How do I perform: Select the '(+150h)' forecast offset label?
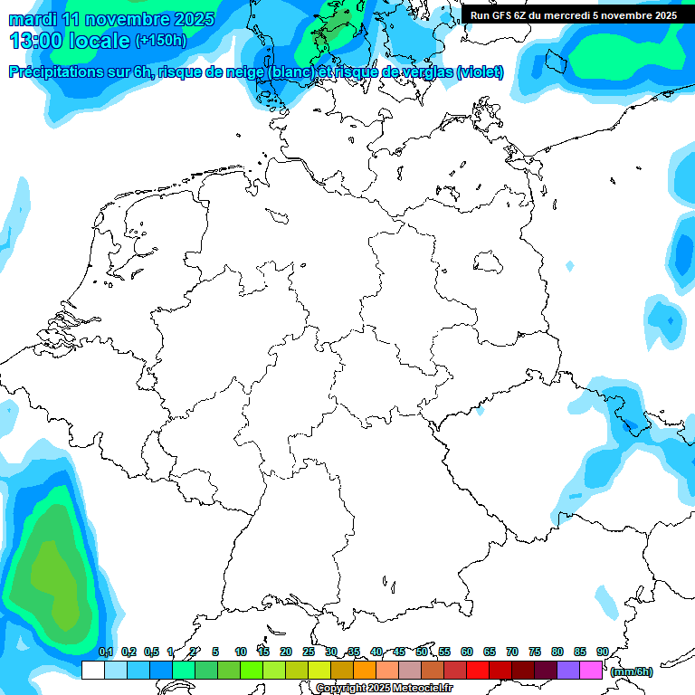160,41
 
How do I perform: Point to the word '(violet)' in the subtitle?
481,72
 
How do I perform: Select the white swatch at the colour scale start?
92,670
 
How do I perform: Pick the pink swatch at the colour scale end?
591,670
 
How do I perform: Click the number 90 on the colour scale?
603,652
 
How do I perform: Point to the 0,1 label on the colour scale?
106,652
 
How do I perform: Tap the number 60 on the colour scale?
467,652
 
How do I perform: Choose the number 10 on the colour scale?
241,652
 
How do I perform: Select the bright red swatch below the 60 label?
478,670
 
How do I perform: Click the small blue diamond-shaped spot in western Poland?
569,266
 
